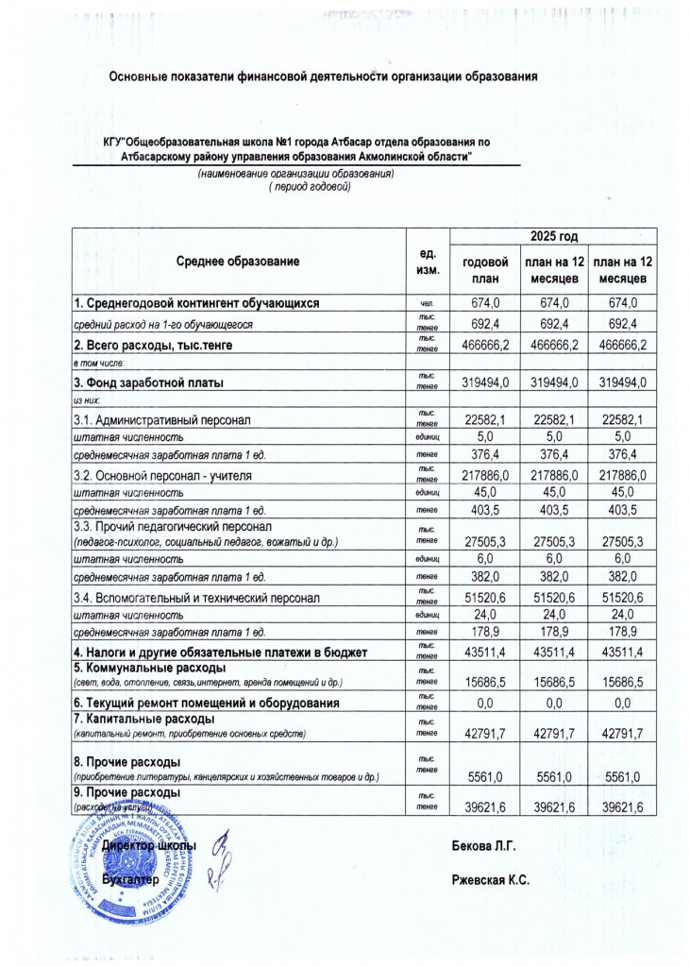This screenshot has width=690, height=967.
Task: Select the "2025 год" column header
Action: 554,236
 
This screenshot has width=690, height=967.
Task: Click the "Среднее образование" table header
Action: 238,261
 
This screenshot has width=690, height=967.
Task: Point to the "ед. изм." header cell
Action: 426,262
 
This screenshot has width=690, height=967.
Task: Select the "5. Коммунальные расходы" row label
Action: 146,669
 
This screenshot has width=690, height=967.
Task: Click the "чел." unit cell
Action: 426,303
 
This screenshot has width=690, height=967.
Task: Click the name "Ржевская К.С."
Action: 492,879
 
